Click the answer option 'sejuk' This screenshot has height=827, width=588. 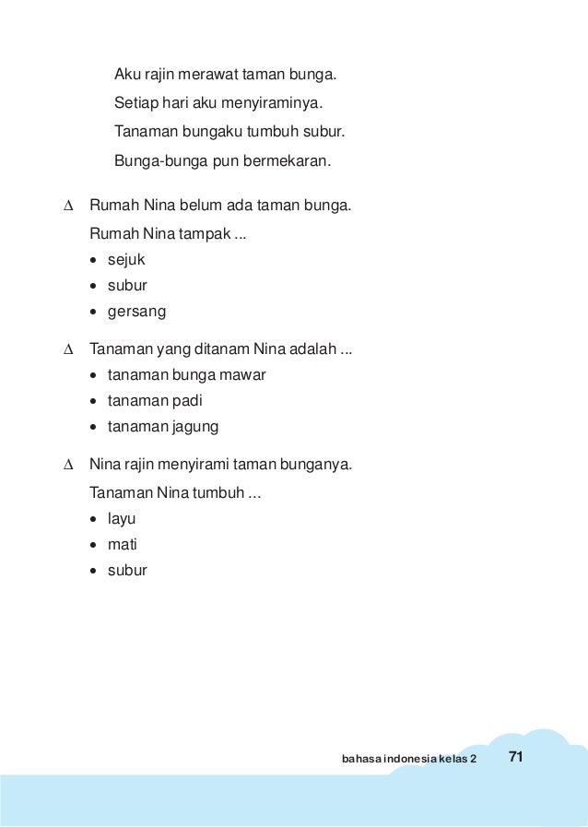pyautogui.click(x=126, y=260)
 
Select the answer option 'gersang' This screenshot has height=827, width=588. pyautogui.click(x=136, y=312)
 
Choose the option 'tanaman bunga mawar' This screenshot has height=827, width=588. pyautogui.click(x=186, y=375)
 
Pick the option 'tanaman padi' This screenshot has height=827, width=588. pyautogui.click(x=154, y=401)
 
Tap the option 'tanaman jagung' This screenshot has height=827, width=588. pyautogui.click(x=163, y=427)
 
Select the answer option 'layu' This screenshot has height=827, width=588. pyautogui.click(x=122, y=519)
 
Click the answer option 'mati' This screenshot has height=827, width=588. pyautogui.click(x=122, y=544)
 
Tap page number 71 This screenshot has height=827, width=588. pyautogui.click(x=515, y=758)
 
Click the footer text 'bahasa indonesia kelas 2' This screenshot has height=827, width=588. pyautogui.click(x=409, y=760)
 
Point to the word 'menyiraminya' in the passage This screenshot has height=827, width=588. pyautogui.click(x=280, y=101)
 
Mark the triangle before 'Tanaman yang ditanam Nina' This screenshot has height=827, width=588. pyautogui.click(x=67, y=350)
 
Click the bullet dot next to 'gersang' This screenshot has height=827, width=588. pyautogui.click(x=96, y=312)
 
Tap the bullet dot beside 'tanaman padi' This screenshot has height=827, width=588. pyautogui.click(x=96, y=401)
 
